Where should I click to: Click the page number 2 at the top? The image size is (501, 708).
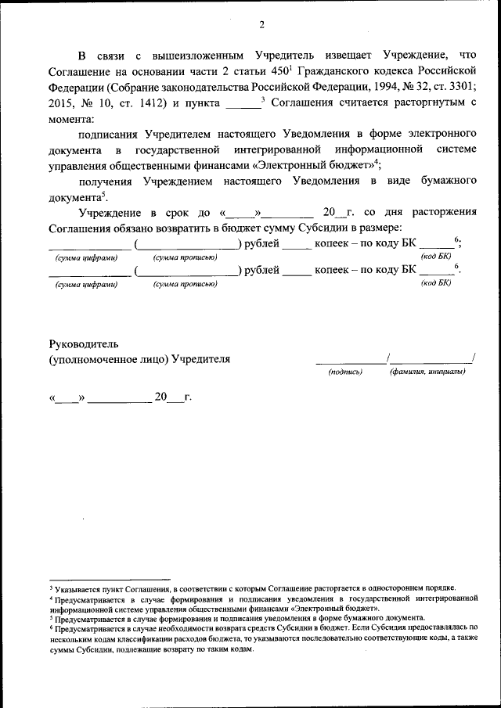[261, 24]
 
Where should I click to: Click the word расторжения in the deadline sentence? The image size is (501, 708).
[445, 213]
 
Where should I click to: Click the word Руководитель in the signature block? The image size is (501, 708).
[82, 343]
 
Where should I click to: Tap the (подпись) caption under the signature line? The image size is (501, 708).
[345, 372]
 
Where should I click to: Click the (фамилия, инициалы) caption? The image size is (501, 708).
[427, 372]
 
